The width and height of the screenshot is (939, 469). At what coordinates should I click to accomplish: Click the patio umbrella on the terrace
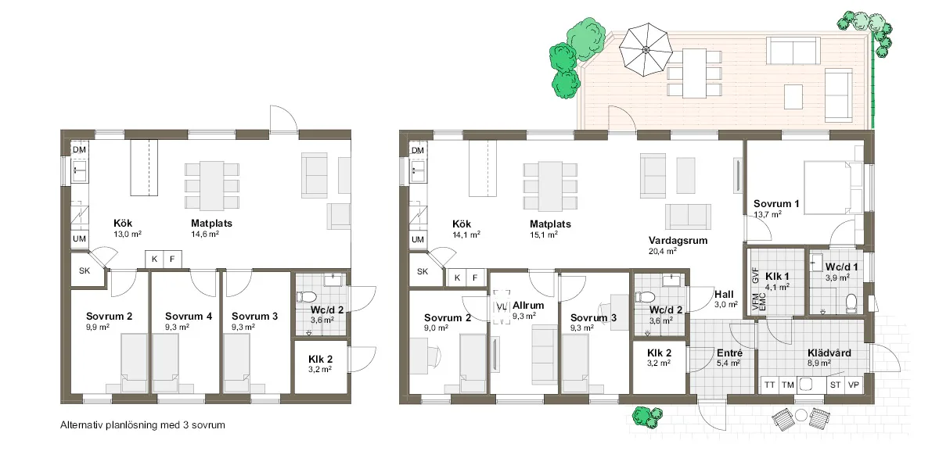tap(646, 50)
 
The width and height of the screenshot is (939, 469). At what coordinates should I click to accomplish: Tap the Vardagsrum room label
tap(678, 241)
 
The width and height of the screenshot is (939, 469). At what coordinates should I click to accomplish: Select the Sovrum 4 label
tap(189, 316)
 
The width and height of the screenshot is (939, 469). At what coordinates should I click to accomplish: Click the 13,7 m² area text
tap(768, 214)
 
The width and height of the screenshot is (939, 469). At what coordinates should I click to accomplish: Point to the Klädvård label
tap(829, 353)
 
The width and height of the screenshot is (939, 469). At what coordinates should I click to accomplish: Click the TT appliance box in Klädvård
tap(770, 385)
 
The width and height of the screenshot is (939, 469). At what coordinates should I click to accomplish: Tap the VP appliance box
tap(854, 385)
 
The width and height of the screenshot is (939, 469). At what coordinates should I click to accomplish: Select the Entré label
tap(729, 353)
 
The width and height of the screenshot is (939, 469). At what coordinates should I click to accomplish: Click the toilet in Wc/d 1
tap(851, 303)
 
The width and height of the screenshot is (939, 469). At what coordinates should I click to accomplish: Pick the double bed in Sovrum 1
tap(833, 188)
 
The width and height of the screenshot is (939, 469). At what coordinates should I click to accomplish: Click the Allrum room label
tap(528, 306)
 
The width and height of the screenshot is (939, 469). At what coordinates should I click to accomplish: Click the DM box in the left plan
tap(79, 150)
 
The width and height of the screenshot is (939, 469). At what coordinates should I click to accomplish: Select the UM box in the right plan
tap(418, 239)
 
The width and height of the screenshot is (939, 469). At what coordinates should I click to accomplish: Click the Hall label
tap(724, 295)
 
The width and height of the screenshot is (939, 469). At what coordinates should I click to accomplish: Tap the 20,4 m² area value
tap(662, 251)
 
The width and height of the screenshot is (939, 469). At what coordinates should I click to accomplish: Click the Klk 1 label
tap(777, 277)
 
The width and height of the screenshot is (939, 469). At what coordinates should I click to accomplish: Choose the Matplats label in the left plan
tap(212, 224)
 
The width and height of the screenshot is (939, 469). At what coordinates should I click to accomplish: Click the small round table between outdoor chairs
tap(801, 415)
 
